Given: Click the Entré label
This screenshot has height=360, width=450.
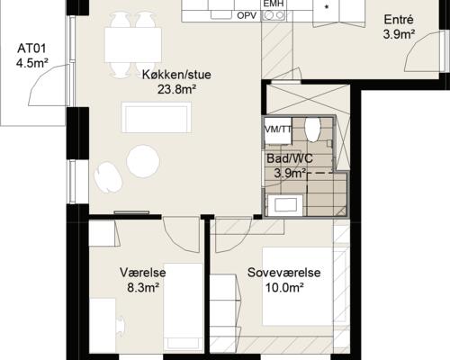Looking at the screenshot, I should click(399, 20).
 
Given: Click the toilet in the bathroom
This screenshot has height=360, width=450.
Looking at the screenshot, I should click(313, 129).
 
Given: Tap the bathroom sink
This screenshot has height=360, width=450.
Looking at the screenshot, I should click(287, 205).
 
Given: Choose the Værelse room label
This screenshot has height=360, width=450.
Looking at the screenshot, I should click(140, 272).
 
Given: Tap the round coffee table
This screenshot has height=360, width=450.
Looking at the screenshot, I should click(142, 161).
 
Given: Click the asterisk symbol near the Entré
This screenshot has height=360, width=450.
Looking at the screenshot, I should click(326, 8).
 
